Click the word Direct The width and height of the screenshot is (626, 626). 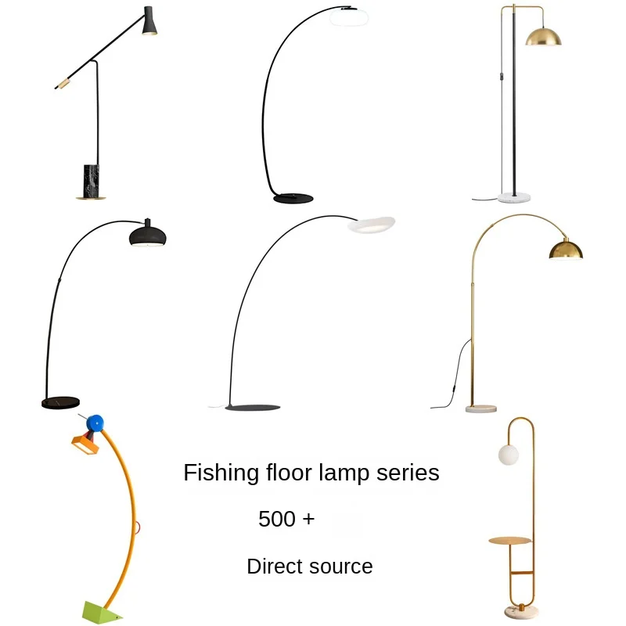point(272,567)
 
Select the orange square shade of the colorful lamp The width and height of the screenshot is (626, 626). point(87,448)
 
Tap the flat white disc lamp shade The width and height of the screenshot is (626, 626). point(371,225)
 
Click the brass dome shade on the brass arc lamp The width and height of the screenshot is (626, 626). point(565,249)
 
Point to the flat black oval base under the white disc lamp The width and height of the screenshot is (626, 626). point(253,408)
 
